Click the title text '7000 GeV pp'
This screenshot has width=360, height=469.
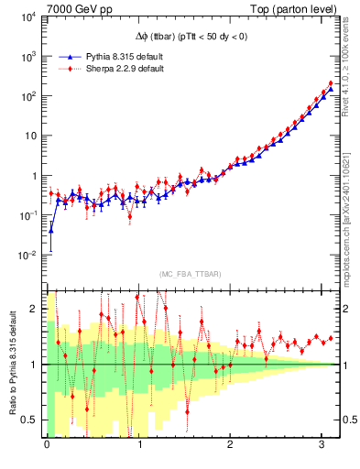[x=73, y=8]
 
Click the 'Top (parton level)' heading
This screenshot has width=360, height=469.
[x=296, y=8]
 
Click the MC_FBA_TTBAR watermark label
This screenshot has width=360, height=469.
[x=190, y=275]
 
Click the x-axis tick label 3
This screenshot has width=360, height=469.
[x=323, y=444]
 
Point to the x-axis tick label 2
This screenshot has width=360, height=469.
[x=231, y=444]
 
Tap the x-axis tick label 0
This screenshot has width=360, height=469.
[x=47, y=444]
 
